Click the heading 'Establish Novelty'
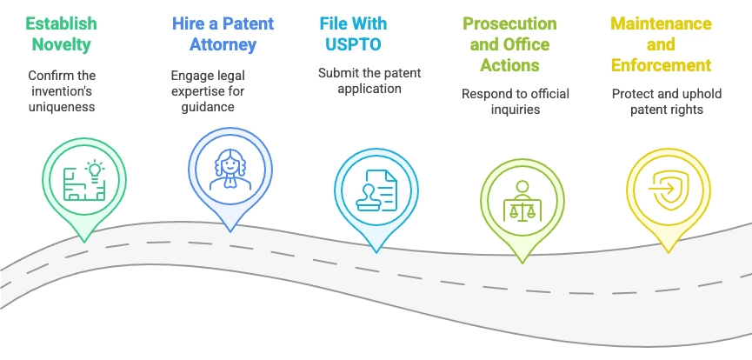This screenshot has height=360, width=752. coord(62,34)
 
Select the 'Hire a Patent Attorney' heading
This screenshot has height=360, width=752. coord(223,34)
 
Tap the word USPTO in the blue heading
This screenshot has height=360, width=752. coord(354,44)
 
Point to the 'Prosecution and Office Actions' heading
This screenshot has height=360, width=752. coord(509,44)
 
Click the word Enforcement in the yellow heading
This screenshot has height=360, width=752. coord(661,65)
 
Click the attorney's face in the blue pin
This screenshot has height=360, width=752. coord(230,165)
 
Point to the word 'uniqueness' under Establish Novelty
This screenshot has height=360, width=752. coord(62,107)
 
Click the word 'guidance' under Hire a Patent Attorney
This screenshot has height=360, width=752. coord(208,106)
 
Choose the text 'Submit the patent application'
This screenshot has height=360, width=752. coord(369,81)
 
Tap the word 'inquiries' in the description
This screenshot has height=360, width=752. coord(516,109)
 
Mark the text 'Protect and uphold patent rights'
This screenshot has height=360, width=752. coord(667,101)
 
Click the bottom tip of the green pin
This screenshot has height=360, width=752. coord(84,242)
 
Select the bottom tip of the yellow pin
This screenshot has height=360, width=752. coord(668,252)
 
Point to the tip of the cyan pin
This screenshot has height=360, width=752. coord(376,252)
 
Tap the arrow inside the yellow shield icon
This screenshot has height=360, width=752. coord(662,188)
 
